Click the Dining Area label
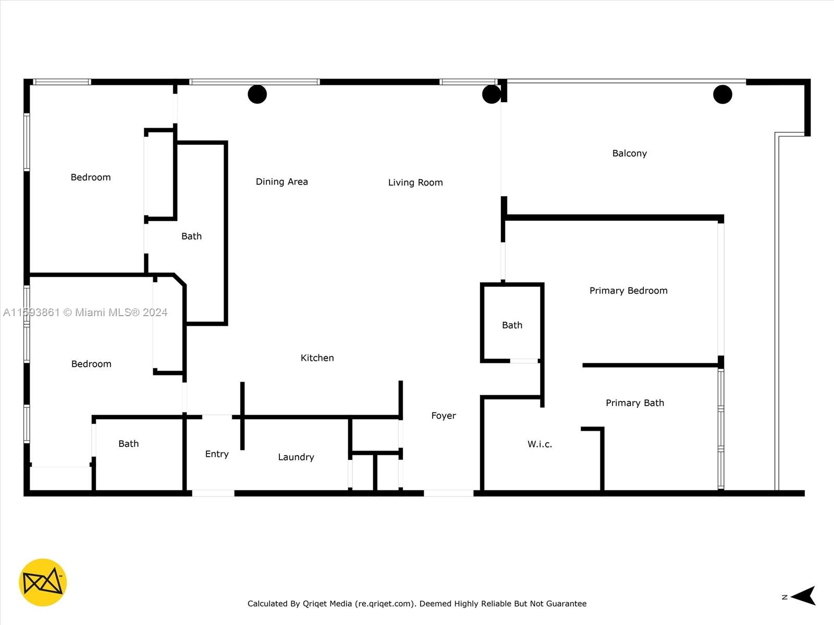[x=281, y=182]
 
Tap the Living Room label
[x=415, y=182]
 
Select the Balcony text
[x=629, y=153]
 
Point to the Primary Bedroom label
[x=628, y=291]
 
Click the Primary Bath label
[x=634, y=403]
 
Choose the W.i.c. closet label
[x=539, y=444]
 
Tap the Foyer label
[x=444, y=416]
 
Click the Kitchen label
[x=317, y=358]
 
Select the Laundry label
[x=296, y=457]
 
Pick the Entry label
[x=217, y=454]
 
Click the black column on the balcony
[x=722, y=94]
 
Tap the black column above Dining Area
[x=257, y=94]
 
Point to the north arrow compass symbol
[x=803, y=596]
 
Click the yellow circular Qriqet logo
[x=43, y=582]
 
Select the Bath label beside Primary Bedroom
[x=512, y=325]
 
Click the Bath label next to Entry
[x=128, y=444]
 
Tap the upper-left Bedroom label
[x=91, y=177]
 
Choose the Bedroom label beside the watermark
[x=91, y=364]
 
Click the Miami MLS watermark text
[x=85, y=312]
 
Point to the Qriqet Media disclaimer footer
[x=417, y=604]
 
